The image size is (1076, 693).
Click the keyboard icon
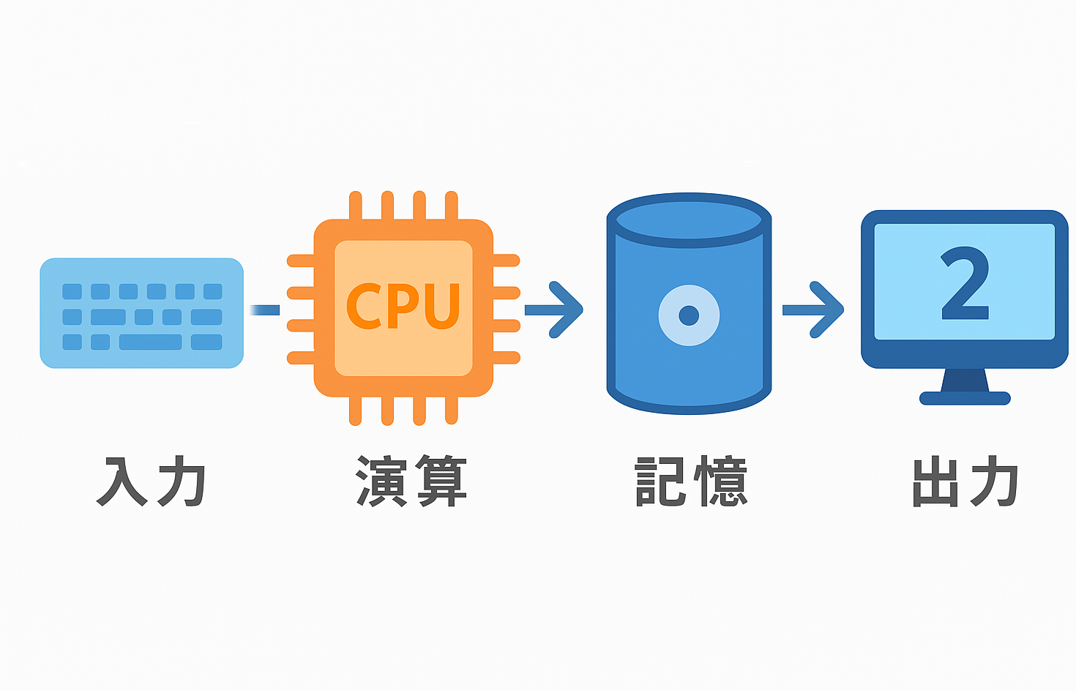pyautogui.click(x=141, y=312)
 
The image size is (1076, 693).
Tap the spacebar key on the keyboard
pyautogui.click(x=150, y=342)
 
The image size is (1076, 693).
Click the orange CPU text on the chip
pyautogui.click(x=403, y=306)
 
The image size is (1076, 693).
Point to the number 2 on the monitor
pyautogui.click(x=965, y=284)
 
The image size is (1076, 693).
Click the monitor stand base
pyautogui.click(x=965, y=398)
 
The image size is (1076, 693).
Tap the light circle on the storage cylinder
pyautogui.click(x=689, y=315)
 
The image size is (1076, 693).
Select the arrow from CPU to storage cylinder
pyautogui.click(x=554, y=310)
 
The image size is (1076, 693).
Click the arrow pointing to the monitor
pyautogui.click(x=813, y=310)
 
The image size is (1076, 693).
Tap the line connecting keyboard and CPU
pyautogui.click(x=265, y=310)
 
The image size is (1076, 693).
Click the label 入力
pyautogui.click(x=151, y=482)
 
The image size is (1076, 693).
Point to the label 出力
pyautogui.click(x=965, y=482)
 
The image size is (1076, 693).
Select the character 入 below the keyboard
pyautogui.click(x=122, y=482)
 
